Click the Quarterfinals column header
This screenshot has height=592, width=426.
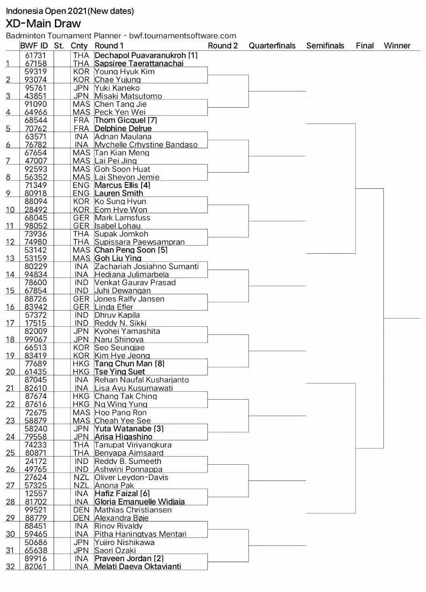[x=272, y=46]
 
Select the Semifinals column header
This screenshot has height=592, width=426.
[x=325, y=46]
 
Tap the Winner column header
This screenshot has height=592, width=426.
[x=397, y=46]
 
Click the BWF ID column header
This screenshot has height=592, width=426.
[x=34, y=46]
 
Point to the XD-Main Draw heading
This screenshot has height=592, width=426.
[x=43, y=23]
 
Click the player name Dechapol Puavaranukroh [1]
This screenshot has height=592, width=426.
[x=146, y=56]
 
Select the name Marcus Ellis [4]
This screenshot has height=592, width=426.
[x=122, y=185]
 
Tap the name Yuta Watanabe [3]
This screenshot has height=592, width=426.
[x=129, y=428]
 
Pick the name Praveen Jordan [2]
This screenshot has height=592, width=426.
[x=129, y=558]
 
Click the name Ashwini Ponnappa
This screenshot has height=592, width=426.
[x=128, y=469]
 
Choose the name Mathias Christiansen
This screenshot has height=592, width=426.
[x=133, y=510]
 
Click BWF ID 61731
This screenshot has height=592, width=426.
[x=35, y=56]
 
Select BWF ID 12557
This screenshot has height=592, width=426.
[x=35, y=493]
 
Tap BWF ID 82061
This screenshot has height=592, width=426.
[x=35, y=567]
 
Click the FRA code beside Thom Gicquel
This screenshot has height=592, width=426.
[x=81, y=120]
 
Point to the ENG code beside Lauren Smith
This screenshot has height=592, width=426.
[x=81, y=194]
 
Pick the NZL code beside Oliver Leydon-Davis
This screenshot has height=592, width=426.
[x=81, y=477]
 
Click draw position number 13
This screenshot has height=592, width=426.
[x=10, y=258]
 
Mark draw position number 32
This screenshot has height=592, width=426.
[x=10, y=567]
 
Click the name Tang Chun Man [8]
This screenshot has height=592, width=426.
[x=129, y=364]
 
